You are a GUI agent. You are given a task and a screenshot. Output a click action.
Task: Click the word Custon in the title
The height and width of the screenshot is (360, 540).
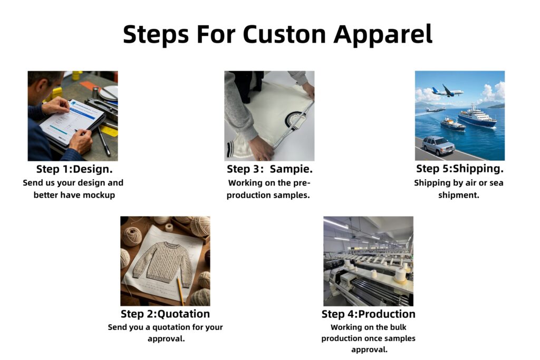pyautogui.click(x=284, y=34)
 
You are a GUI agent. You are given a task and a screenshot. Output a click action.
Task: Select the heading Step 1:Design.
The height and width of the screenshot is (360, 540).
pyautogui.click(x=74, y=169)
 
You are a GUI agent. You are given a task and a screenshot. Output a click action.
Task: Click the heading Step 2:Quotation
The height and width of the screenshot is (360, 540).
pyautogui.click(x=165, y=314)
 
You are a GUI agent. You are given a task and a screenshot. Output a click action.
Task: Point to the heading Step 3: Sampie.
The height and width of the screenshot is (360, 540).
pyautogui.click(x=269, y=169)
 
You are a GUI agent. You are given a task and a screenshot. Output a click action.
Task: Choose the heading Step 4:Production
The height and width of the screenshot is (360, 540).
pyautogui.click(x=369, y=314)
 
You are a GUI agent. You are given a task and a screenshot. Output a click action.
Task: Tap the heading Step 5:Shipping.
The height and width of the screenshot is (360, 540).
pyautogui.click(x=460, y=169)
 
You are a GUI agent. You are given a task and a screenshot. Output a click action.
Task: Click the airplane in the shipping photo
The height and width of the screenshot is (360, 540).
pyautogui.click(x=447, y=91)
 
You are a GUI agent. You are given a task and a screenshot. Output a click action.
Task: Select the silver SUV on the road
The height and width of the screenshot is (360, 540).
pyautogui.click(x=438, y=145)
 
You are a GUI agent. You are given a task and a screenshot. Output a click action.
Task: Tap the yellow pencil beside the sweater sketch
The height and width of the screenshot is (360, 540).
pyautogui.click(x=180, y=290)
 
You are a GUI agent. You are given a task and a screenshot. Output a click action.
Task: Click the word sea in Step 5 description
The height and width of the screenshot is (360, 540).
pyautogui.click(x=496, y=183)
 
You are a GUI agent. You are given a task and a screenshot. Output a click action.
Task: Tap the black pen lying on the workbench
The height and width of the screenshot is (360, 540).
pyautogui.click(x=104, y=141)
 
